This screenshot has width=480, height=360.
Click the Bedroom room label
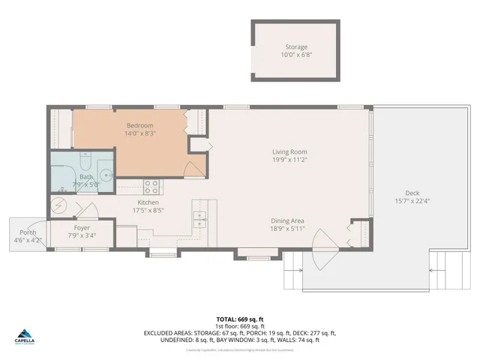pos(140,125)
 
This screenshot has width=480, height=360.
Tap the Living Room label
pos(289,152)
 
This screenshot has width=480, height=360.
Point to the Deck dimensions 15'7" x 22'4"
pos(412,200)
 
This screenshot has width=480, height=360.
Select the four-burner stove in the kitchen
pos(151,185)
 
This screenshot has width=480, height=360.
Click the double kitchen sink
pos(200,218)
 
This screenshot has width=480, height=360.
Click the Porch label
pos(28,232)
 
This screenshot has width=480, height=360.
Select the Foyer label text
pos(82,228)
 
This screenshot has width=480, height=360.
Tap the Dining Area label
pos(287,220)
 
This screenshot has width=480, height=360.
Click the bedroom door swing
pos(192,169)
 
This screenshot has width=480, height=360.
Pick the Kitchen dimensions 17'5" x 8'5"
pos(147,211)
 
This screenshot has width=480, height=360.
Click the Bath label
pos(86,177)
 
